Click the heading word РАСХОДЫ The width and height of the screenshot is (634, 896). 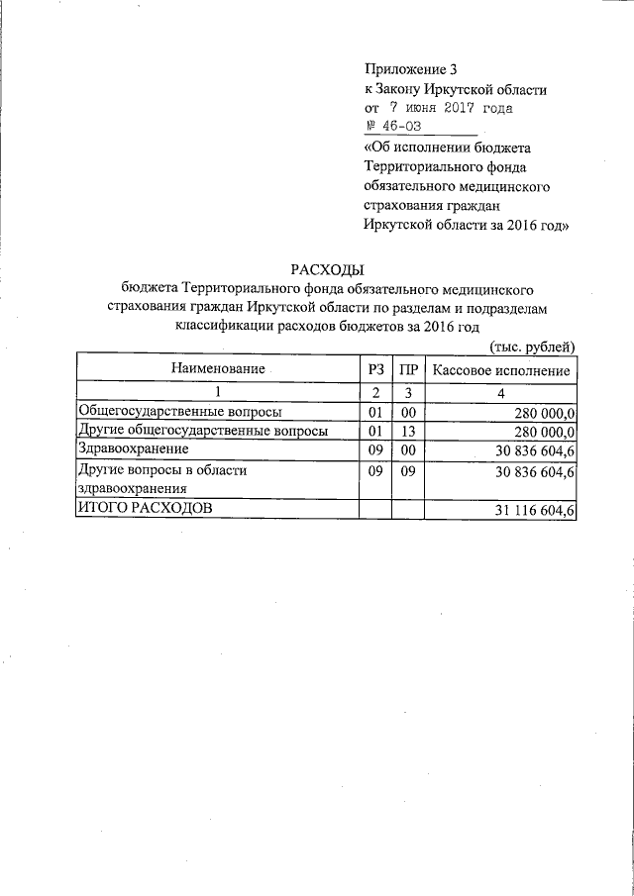point(327,269)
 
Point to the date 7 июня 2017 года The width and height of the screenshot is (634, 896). point(443,108)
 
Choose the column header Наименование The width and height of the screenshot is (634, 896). point(217,370)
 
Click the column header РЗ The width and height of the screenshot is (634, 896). point(374,370)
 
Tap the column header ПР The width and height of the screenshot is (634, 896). point(407,370)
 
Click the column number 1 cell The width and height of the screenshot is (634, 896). point(217,392)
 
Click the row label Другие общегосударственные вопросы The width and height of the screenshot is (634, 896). point(203,431)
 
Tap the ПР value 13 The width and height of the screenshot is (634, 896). point(407,431)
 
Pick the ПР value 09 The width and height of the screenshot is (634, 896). point(407,471)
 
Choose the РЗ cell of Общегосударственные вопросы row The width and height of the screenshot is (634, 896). point(374,412)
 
